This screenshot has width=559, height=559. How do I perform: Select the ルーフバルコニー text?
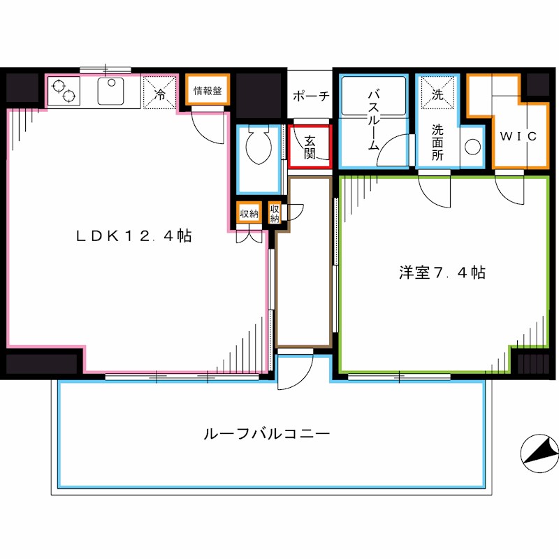point(266,434)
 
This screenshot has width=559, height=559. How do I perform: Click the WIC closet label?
point(518,136)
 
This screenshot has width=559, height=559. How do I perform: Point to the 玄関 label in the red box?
point(309,147)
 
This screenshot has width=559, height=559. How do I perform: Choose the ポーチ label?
point(310,96)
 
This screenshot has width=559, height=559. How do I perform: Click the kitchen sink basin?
point(110,92)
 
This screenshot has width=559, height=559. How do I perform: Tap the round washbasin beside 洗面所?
point(473,147)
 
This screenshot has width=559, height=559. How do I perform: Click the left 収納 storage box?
point(249,214)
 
